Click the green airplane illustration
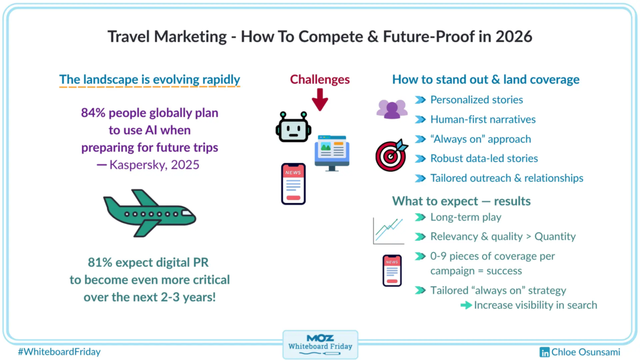pos(149,213)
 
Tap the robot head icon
pos(293,127)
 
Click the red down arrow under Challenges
pos(320,99)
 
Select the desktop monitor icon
pos(332,153)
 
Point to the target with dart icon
pos(391,155)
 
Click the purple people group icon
pos(392,109)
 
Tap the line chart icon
pos(388,231)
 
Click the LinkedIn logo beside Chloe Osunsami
pos(544,352)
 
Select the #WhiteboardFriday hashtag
pos(59,352)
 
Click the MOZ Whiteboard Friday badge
pos(321,345)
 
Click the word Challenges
pos(320,79)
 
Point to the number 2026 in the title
pos(514,37)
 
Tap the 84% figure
pos(94,112)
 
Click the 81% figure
pos(100,262)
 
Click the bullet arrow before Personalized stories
pos(421,100)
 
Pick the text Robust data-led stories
pos(484,158)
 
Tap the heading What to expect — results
pos(461,201)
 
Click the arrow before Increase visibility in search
pos(466,305)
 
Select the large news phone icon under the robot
pos(294,184)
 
